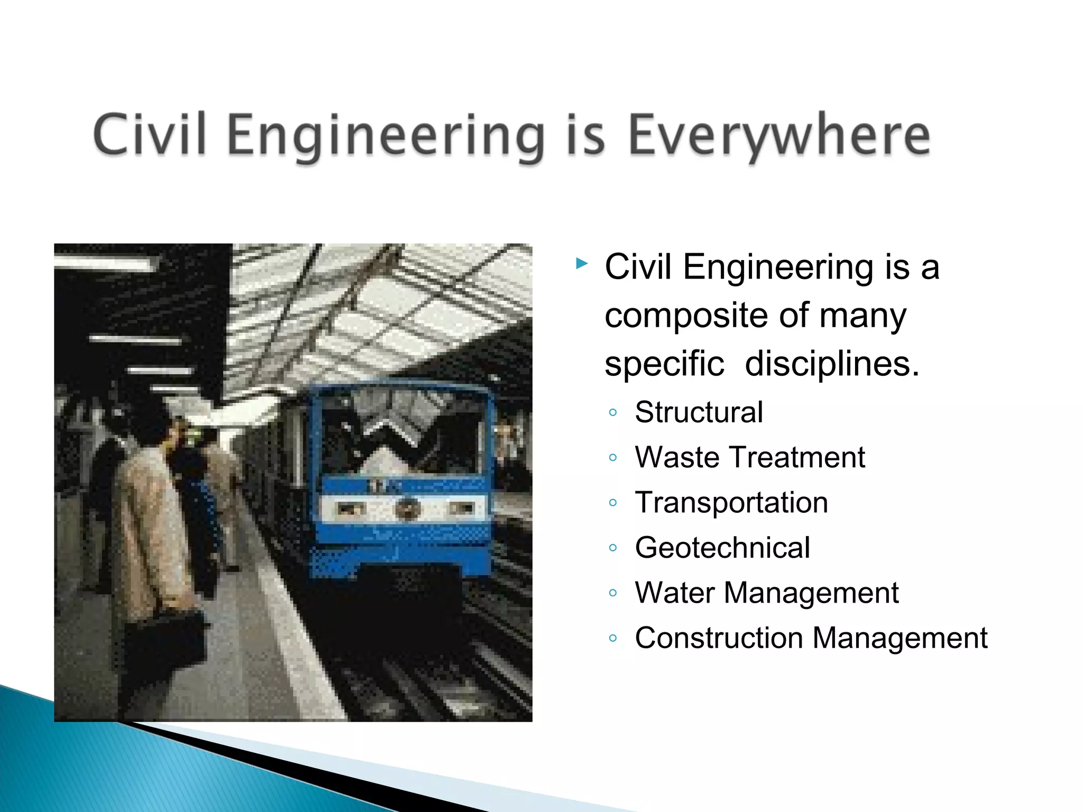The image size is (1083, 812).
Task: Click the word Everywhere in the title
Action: (778, 135)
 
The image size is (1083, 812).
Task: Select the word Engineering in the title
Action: (386, 136)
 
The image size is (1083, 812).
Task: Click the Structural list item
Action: (699, 412)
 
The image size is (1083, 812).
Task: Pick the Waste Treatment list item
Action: (749, 457)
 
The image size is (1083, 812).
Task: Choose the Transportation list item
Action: (731, 502)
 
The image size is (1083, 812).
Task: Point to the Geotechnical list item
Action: (722, 547)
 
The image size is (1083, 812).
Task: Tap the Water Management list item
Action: (766, 592)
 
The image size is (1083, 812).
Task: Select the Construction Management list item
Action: (811, 638)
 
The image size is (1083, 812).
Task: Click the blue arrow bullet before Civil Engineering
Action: (582, 263)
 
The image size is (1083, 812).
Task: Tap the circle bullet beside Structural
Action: (613, 412)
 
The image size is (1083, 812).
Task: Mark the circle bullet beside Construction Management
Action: (613, 638)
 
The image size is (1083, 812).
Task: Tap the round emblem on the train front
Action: (408, 509)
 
